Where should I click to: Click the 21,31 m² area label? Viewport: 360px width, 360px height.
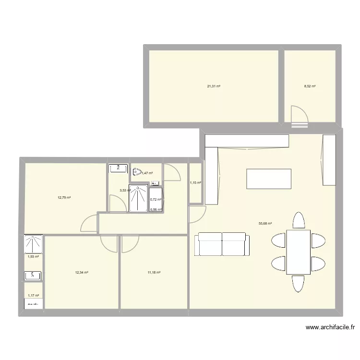[214, 86]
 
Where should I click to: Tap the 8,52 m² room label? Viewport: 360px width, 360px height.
[310, 86]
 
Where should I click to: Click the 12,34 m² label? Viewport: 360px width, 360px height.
[82, 272]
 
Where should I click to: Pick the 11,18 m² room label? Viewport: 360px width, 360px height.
[154, 272]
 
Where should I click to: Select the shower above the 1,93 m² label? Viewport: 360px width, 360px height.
[34, 243]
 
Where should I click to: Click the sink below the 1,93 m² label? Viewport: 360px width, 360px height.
[34, 276]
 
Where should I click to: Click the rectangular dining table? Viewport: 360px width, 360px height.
[298, 252]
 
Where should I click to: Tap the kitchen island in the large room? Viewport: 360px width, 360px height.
[269, 179]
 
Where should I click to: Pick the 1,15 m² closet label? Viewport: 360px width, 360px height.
[195, 183]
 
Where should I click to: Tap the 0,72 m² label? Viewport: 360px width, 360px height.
[156, 200]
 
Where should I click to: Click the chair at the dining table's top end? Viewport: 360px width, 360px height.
[299, 221]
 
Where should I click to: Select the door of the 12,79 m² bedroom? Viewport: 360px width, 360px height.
[90, 223]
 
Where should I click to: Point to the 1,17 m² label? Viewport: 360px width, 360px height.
[33, 296]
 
